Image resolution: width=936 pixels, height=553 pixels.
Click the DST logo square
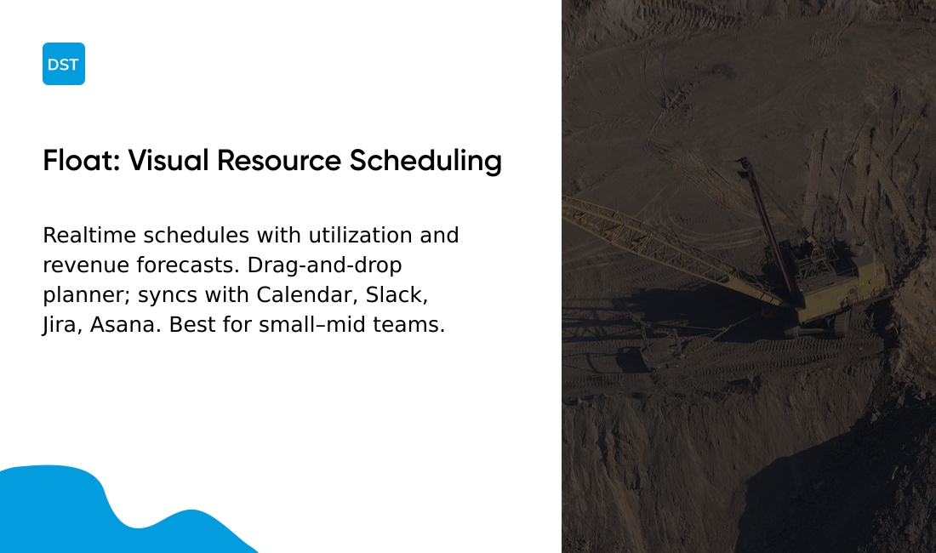pyautogui.click(x=64, y=64)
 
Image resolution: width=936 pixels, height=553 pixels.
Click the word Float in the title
pyautogui.click(x=81, y=161)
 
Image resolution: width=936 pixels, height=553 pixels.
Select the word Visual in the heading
pyautogui.click(x=168, y=161)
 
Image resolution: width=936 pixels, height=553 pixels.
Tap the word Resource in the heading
pyautogui.click(x=279, y=161)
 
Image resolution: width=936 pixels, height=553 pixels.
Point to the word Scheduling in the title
pyautogui.click(x=425, y=162)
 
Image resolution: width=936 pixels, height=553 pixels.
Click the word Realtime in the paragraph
pyautogui.click(x=89, y=235)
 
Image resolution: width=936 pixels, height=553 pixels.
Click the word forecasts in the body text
pyautogui.click(x=187, y=265)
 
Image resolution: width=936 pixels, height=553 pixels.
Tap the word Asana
pyautogui.click(x=125, y=324)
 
